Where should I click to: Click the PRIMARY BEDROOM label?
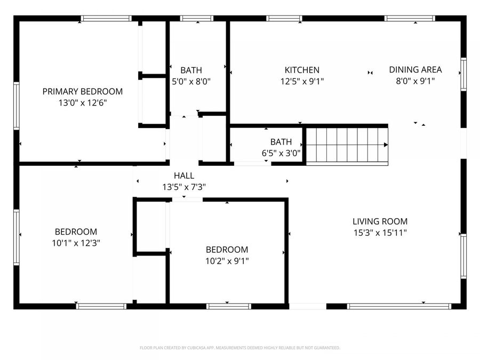[82, 91]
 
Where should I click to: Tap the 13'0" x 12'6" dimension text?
[82, 103]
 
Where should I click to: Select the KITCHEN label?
[302, 70]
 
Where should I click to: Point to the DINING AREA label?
[415, 69]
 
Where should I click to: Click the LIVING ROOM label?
[380, 221]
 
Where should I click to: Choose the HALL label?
[184, 175]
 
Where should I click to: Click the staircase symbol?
[346, 145]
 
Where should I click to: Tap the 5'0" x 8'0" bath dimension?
[191, 82]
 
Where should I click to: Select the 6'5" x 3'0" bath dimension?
[281, 153]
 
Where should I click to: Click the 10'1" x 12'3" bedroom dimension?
[76, 243]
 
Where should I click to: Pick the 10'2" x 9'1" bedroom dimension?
[227, 261]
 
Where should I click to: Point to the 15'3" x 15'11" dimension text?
[380, 233]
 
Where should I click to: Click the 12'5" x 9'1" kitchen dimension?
[302, 82]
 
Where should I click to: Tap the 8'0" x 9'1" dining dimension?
[415, 81]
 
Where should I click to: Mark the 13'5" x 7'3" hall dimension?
[184, 187]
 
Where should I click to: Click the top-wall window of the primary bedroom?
[106, 18]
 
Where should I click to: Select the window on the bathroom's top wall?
[197, 18]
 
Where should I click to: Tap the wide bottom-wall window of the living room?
[399, 306]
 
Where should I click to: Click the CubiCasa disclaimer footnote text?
[239, 348]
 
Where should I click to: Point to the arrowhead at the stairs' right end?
[386, 145]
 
